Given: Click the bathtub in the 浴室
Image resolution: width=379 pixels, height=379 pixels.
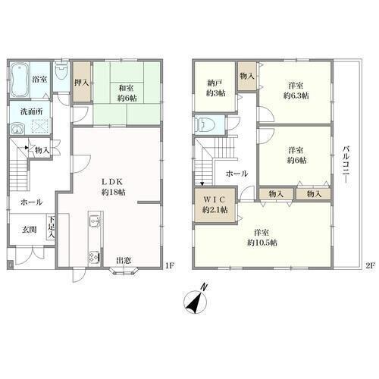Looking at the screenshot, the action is (x=20, y=80).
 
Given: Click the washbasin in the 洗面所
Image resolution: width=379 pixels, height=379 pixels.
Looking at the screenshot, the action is (x=17, y=130).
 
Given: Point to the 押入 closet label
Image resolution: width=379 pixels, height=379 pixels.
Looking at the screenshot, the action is (x=81, y=83).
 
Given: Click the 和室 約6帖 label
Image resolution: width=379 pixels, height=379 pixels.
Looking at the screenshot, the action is (x=127, y=93).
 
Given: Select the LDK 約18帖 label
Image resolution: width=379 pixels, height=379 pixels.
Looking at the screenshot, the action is (x=113, y=186).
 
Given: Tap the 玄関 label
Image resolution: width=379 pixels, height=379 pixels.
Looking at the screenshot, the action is (x=29, y=230).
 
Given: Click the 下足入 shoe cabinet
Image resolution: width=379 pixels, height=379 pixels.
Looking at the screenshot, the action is (x=51, y=227).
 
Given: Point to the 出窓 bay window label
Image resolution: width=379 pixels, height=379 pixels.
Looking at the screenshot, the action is (x=124, y=260).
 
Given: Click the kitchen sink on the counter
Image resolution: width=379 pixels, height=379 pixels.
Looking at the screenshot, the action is (x=95, y=221).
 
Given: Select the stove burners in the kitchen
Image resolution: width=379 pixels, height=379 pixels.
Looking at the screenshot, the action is (x=93, y=257).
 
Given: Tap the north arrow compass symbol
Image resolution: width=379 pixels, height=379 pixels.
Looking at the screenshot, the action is (x=196, y=300).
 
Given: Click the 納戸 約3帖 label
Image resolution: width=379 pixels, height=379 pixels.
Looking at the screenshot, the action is (x=215, y=88).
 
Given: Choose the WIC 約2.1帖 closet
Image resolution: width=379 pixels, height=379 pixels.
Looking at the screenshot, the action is (x=215, y=205).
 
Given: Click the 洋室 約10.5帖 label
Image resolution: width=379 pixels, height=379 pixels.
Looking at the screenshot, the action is (x=262, y=237).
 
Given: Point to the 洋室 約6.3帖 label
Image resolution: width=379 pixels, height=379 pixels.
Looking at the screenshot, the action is (x=296, y=90).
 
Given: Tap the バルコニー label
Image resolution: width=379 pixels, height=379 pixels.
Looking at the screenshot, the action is (x=346, y=167).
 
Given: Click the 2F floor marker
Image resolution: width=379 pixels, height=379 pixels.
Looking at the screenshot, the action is (x=370, y=265).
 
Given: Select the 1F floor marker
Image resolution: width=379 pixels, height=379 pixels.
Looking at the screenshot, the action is (x=170, y=265).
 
